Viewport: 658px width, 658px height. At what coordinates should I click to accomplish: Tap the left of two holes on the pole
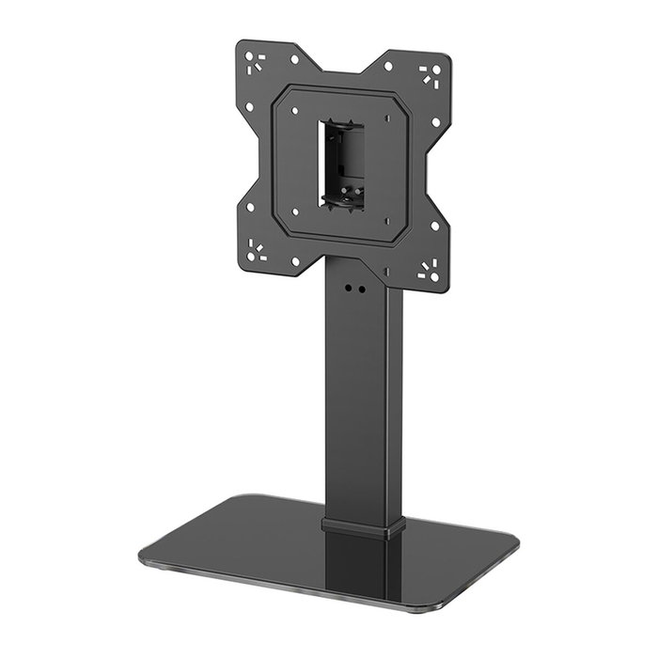click(x=348, y=289)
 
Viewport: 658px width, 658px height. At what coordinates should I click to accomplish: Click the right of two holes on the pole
click(x=361, y=290)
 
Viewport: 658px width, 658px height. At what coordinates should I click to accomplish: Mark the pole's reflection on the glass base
click(x=357, y=569)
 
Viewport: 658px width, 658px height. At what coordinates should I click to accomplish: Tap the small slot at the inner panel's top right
click(x=386, y=118)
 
